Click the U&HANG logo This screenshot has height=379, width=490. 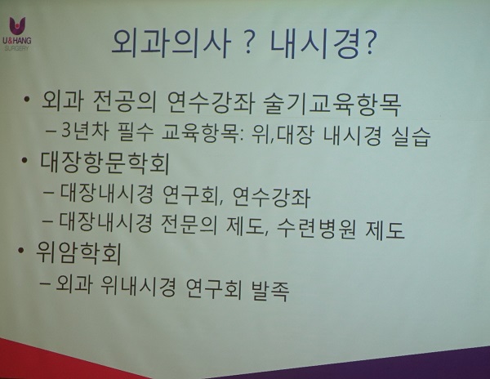click(17, 33)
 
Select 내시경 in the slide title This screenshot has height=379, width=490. click(314, 44)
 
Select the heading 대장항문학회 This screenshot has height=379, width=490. click(105, 163)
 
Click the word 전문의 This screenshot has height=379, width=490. click(189, 224)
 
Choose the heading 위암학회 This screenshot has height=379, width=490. click(78, 253)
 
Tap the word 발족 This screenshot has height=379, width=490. click(269, 290)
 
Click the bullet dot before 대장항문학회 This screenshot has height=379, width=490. click(24, 160)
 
